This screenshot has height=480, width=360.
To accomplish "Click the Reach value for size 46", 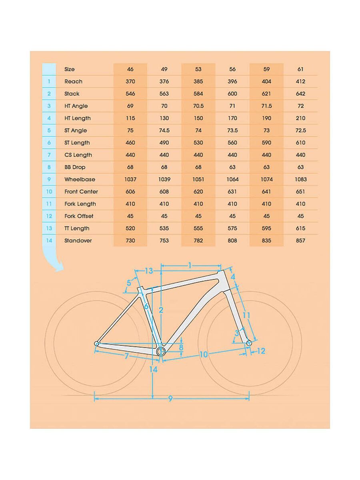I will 130,82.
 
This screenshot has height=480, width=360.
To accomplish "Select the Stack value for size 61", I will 301,94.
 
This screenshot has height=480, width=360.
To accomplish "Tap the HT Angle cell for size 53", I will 198,106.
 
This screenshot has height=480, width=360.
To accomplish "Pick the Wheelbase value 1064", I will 232,180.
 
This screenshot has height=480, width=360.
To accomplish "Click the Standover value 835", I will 266,241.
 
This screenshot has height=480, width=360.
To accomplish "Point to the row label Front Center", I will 81,192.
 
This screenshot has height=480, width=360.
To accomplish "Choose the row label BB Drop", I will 75,167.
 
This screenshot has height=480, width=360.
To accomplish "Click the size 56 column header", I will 232,69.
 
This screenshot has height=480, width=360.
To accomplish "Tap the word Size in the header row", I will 70,69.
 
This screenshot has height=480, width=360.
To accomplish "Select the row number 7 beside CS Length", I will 49,155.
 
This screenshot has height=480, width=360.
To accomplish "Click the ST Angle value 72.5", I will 301,130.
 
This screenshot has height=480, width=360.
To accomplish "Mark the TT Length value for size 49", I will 164,228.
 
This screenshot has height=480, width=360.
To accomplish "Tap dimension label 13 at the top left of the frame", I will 149,271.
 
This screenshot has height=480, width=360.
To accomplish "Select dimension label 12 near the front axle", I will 261,351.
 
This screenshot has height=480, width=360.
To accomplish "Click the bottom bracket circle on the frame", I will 161,352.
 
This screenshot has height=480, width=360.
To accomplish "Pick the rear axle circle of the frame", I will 96,343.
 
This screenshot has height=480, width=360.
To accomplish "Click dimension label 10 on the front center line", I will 204,354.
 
